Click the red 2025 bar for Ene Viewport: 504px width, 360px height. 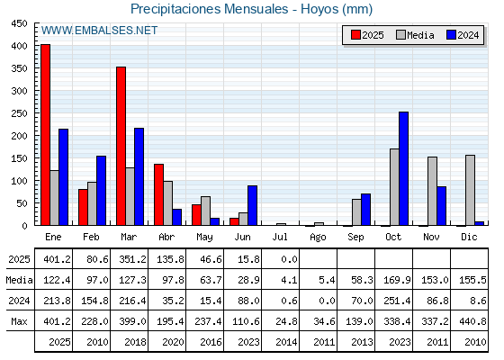click(45, 135)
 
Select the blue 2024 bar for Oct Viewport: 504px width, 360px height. click(403, 168)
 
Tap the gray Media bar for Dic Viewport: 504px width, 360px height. click(470, 190)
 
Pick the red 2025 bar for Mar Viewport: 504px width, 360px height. click(121, 146)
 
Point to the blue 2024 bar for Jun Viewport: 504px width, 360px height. click(252, 205)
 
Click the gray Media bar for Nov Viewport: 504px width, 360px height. click(432, 191)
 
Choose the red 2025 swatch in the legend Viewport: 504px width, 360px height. click(355, 35)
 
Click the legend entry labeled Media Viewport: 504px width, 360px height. click(415, 35)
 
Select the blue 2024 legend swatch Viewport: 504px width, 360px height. click(451, 35)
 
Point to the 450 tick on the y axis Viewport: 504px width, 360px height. click(19, 23)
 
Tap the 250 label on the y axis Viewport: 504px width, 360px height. click(19, 113)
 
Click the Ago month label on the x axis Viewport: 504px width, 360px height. click(318, 238)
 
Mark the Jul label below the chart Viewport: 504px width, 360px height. click(280, 237)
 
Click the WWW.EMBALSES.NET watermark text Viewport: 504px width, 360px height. click(99, 31)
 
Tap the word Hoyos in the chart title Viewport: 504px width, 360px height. click(319, 9)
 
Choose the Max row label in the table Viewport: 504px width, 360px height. click(19, 321)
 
